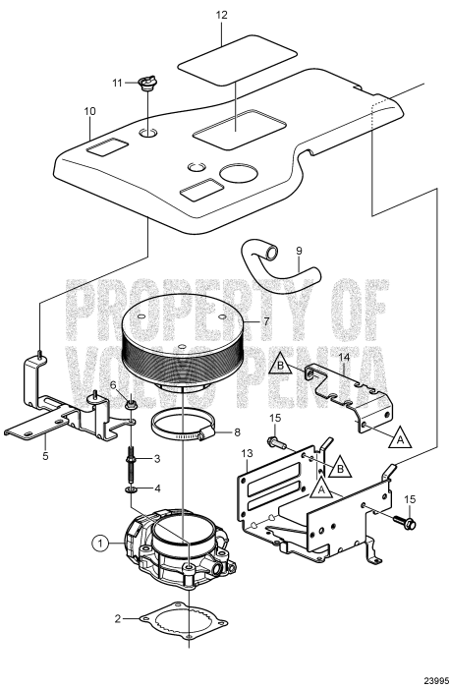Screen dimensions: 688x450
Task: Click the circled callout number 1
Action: [99, 542]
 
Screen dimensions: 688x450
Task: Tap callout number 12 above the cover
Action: [221, 17]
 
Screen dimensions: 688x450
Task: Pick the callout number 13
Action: [248, 451]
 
